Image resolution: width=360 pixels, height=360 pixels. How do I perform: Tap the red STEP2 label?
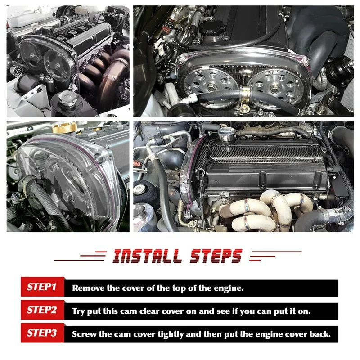(x=41, y=310)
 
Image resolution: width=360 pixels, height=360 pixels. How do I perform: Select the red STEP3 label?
(x=41, y=333)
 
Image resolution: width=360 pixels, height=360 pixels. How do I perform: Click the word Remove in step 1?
(x=88, y=288)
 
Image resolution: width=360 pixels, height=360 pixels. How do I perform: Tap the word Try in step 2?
(x=79, y=311)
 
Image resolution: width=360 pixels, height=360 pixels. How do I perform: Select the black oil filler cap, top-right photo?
(x=213, y=30)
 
